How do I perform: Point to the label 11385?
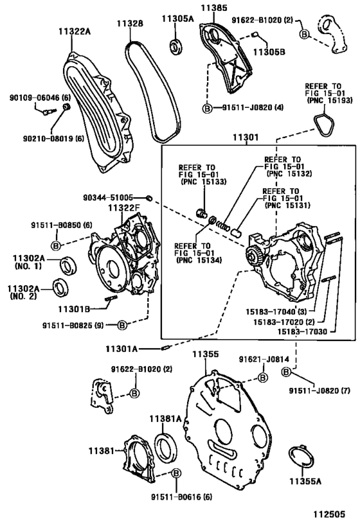(x=213, y=8)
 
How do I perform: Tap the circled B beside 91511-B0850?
(x=56, y=245)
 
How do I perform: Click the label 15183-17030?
(x=303, y=332)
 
